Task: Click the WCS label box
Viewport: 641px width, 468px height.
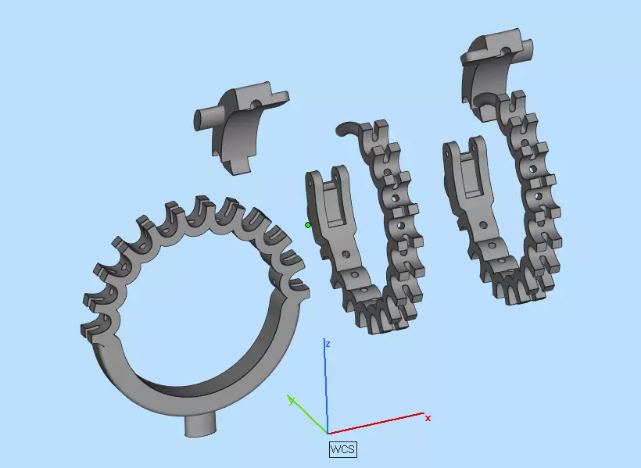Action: point(342,449)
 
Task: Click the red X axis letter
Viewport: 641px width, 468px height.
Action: point(428,419)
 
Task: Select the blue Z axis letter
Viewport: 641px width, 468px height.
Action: point(329,344)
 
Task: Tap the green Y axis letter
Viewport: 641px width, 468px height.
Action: point(291,400)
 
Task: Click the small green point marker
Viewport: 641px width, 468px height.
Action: point(308,225)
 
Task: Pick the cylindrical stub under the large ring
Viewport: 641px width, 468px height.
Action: point(200,424)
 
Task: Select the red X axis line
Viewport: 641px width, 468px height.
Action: point(375,423)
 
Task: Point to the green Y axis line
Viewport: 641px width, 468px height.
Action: point(309,416)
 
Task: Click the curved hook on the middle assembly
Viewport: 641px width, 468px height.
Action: point(346,127)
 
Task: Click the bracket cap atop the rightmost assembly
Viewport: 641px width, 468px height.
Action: point(499,59)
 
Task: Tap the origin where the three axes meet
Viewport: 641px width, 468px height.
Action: point(327,433)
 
